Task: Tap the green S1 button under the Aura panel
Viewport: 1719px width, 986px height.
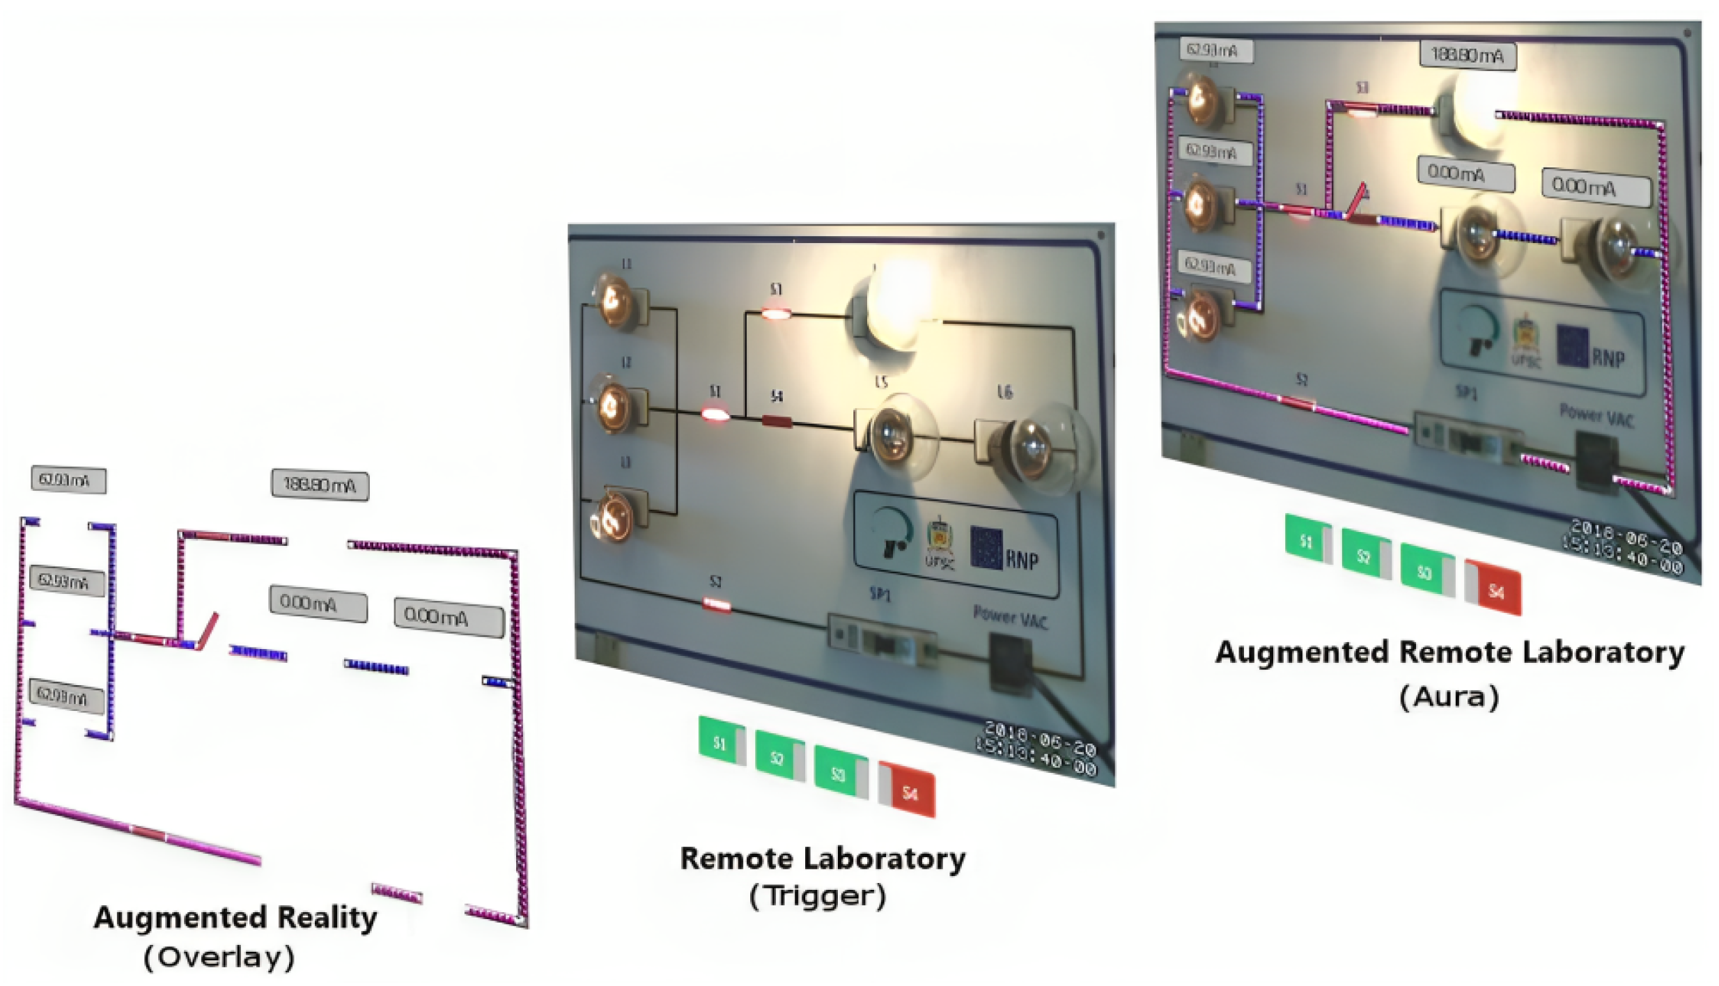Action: coord(1306,541)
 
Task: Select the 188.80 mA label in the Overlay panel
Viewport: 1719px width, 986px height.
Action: coord(320,485)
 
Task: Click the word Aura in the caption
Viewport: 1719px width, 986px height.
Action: coord(1449,696)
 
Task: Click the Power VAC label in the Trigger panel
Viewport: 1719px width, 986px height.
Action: coord(1009,617)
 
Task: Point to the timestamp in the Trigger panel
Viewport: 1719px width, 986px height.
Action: coord(1038,749)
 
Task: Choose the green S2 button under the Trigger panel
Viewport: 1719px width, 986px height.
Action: coord(778,758)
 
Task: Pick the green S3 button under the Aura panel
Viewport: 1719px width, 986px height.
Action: coord(1424,572)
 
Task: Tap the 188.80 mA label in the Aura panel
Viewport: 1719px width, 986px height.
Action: coord(1467,55)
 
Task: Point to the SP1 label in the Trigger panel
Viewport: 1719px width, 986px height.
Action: coord(880,595)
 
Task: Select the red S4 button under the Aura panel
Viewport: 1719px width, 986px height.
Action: coord(1495,590)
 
